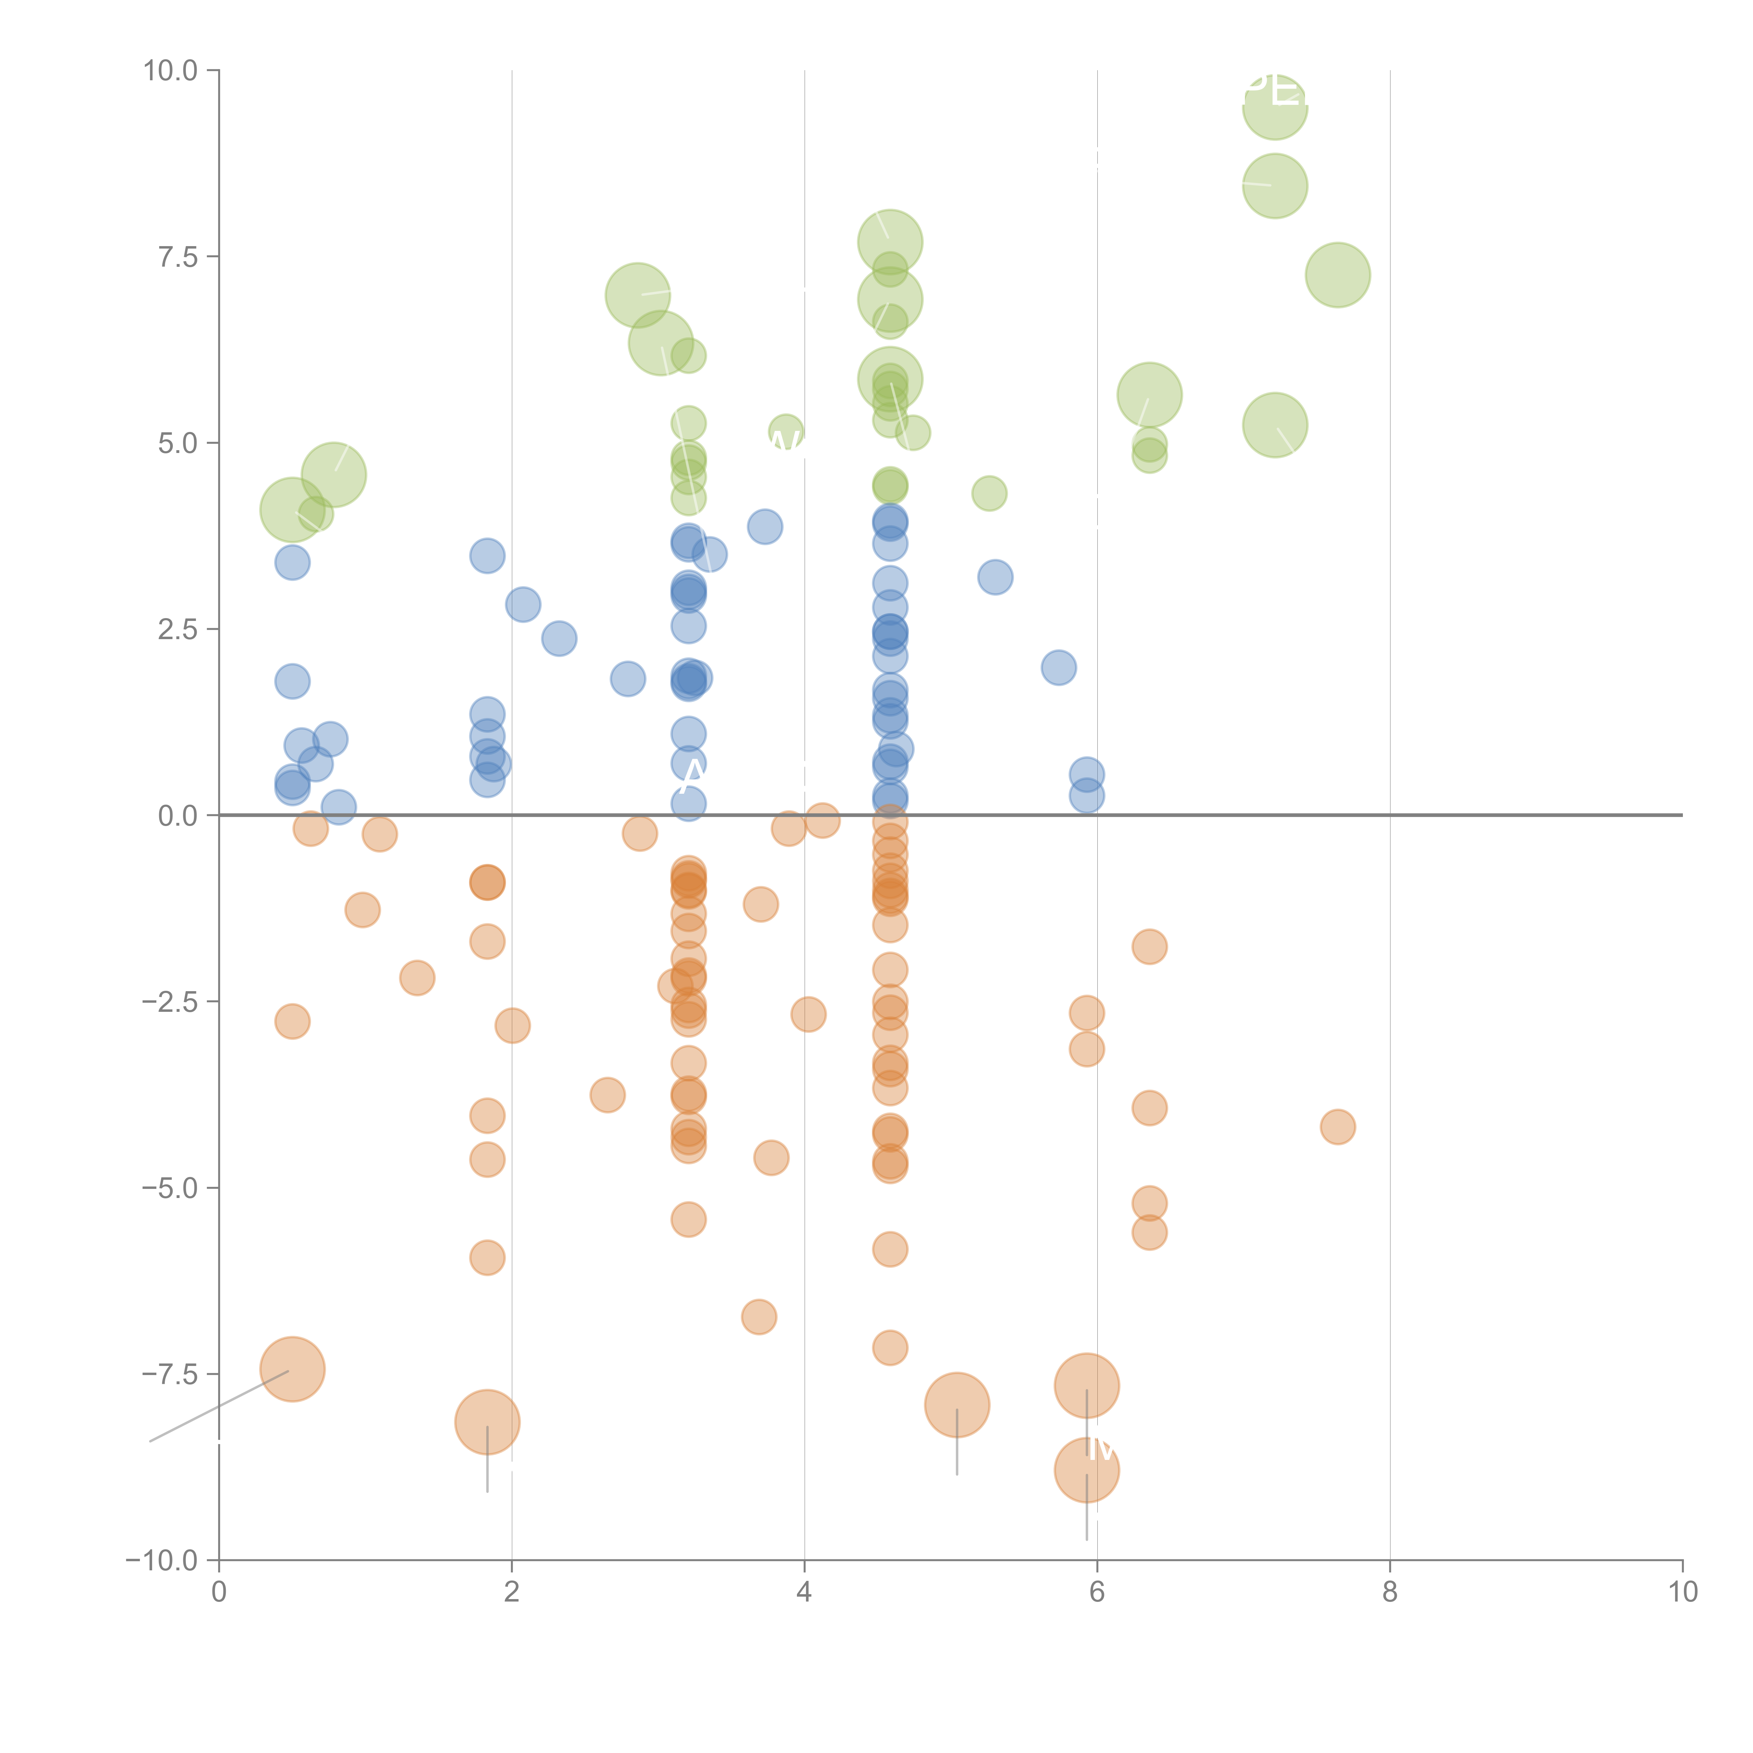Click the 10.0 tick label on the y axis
tap(171, 71)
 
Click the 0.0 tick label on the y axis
tap(178, 816)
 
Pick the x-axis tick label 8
tap(1390, 1592)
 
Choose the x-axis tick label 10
tap(1682, 1592)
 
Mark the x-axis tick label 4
tap(804, 1592)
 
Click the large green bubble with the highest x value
tap(1338, 275)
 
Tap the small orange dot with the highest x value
tap(1338, 1127)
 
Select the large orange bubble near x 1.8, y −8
tap(487, 1422)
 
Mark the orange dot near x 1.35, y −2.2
tap(417, 977)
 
